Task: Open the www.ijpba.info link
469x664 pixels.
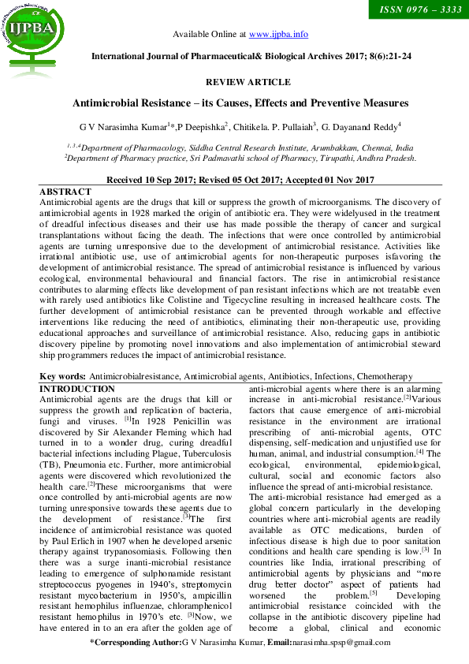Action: [x=278, y=35]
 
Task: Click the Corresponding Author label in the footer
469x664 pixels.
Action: [x=139, y=643]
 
